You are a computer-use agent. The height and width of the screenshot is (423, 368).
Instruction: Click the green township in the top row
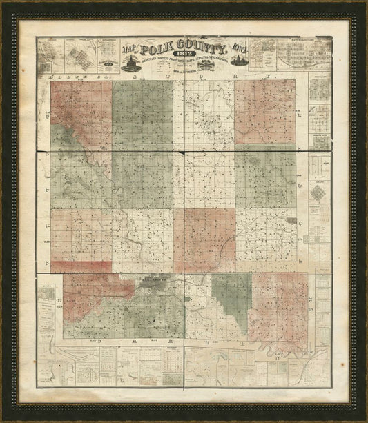142,114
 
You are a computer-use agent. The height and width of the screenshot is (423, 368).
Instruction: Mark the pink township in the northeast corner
265,114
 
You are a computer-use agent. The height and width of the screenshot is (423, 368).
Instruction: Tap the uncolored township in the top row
204,114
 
